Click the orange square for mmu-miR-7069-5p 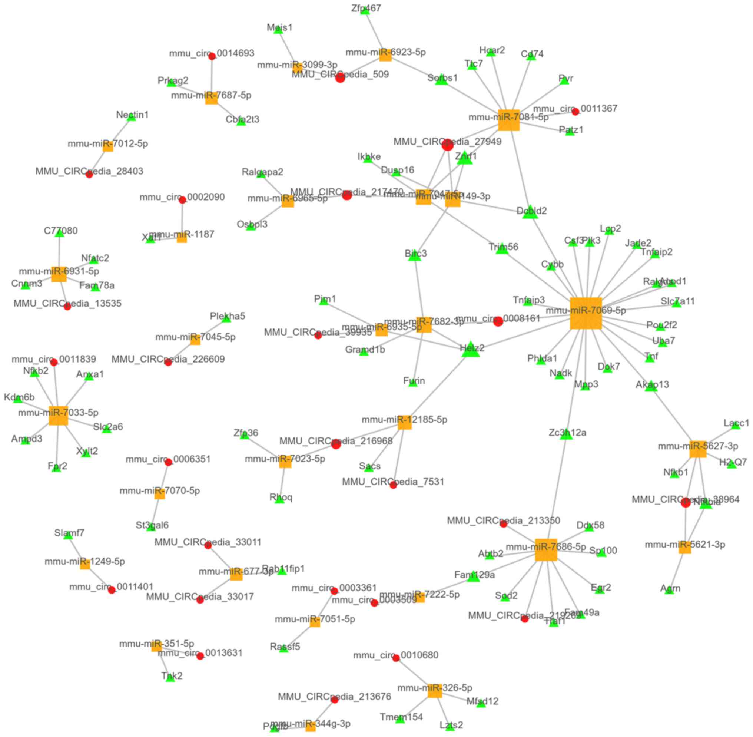[x=586, y=314]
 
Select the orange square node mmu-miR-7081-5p [x=508, y=120]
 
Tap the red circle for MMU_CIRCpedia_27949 [x=447, y=145]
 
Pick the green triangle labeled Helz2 [x=471, y=350]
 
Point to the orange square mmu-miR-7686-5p [x=546, y=550]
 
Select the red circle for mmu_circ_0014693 [x=212, y=56]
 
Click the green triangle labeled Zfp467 [x=365, y=10]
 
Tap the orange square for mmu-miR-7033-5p [x=59, y=416]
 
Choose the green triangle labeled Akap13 [x=651, y=386]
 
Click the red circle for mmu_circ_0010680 [x=396, y=658]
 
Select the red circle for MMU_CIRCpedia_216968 [x=336, y=444]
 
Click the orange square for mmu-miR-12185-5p [x=405, y=423]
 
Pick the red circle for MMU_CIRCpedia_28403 [x=89, y=174]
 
